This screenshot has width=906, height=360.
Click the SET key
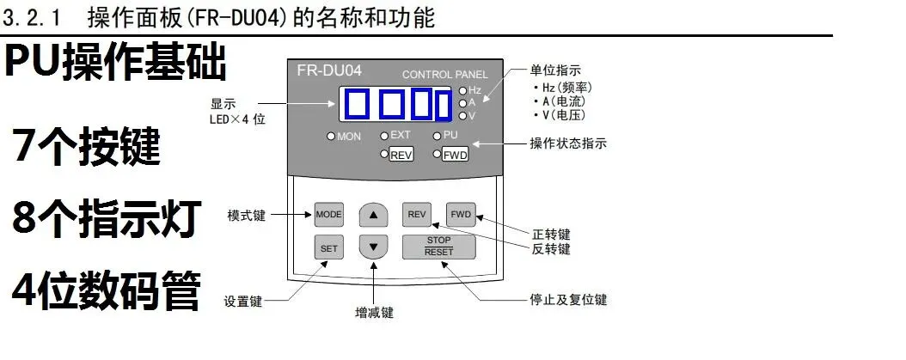coord(329,247)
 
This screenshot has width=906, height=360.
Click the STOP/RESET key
coord(439,247)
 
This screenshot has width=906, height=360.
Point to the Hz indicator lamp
coord(462,90)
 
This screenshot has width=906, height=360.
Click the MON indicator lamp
coord(331,137)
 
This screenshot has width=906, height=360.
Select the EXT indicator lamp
coord(384,136)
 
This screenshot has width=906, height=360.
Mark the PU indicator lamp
coord(438,136)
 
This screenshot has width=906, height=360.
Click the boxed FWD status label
coord(456,155)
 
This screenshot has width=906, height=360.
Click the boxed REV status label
coord(401,155)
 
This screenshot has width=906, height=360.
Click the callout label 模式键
coord(246,214)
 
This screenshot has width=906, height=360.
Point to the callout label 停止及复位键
coord(568,301)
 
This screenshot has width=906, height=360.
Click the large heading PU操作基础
coord(116,63)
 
